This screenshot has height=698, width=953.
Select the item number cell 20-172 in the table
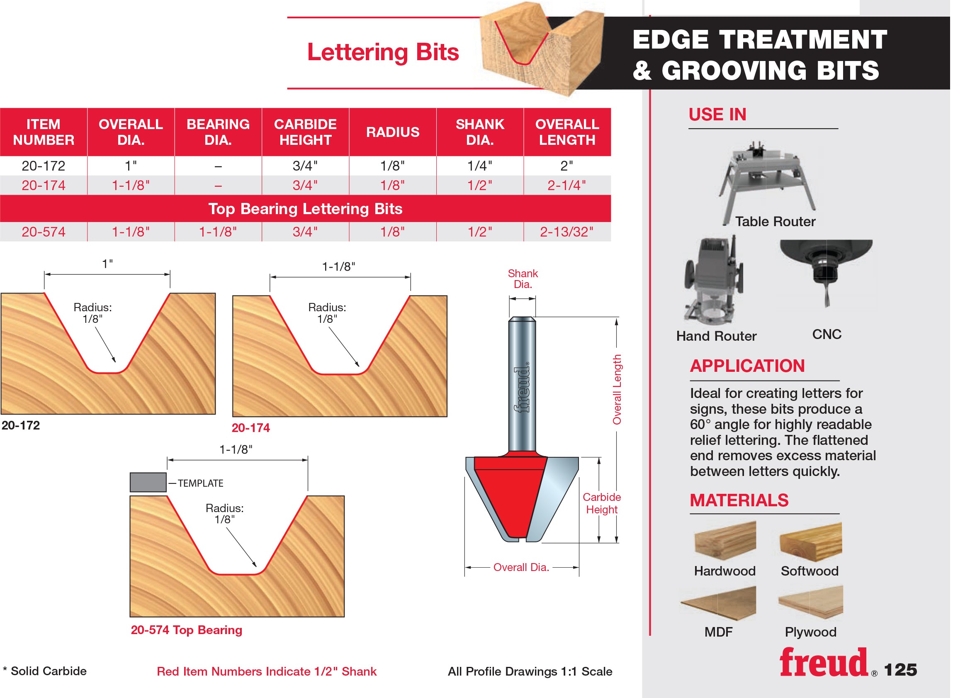pos(44,166)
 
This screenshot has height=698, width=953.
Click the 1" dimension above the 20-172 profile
pos(108,264)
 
